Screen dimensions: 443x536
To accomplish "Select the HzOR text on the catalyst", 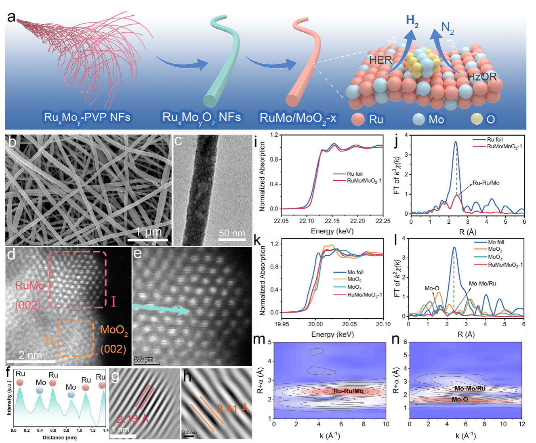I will pos(482,76).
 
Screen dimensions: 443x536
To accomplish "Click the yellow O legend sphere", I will pos(477,119).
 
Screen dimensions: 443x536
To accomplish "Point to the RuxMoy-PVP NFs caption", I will pos(87,118).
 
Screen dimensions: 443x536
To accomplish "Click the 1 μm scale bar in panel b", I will pos(148,240).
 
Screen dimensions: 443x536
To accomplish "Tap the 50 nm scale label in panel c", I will pos(232,233).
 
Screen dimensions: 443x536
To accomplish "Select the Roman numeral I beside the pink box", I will pos(114,302).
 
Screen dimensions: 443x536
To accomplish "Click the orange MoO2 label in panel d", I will pos(114,330).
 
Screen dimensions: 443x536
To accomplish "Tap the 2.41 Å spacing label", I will pos(232,408).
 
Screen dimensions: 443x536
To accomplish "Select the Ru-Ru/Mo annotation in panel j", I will pos(486,183).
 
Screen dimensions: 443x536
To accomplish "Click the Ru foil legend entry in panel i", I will pos(355,174).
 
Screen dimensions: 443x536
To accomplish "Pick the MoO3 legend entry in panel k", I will pos(354,287).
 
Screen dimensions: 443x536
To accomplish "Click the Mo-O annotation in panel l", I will pos(432,288).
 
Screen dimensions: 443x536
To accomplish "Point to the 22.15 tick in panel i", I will pos(332,221).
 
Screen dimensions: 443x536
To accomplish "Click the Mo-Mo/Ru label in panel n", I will pos(470,388).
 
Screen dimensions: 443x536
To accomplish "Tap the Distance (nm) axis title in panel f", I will pos(59,437).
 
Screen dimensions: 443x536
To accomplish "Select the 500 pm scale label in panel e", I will pos(143,359).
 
